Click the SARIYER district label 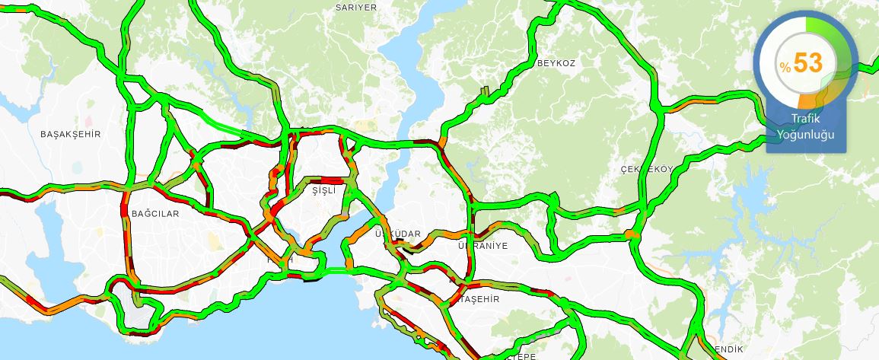[x=356, y=7]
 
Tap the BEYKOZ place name [x=556, y=63]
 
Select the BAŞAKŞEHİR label [x=70, y=134]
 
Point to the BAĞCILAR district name [x=154, y=214]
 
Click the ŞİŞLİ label [x=323, y=192]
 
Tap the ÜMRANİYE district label [x=482, y=246]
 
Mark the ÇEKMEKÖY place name [x=647, y=169]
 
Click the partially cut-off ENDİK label [x=728, y=349]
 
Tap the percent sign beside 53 [x=785, y=68]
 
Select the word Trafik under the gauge [x=805, y=120]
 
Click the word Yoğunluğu [x=805, y=135]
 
